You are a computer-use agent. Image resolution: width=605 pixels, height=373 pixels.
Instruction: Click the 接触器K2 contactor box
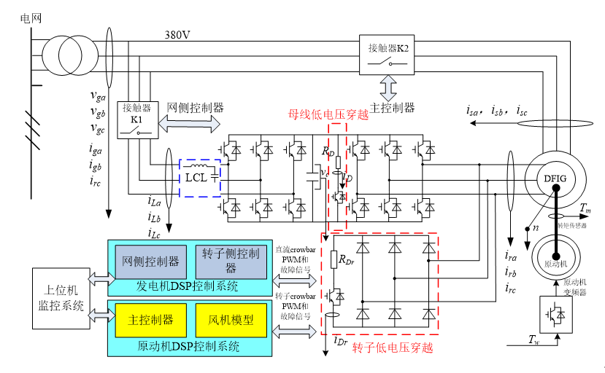[x=388, y=55]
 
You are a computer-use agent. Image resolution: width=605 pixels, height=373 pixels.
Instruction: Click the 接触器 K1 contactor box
[x=136, y=121]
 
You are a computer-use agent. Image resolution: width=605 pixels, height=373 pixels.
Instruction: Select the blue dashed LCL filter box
[x=201, y=178]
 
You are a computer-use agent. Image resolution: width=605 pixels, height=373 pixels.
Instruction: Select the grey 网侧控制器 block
[x=151, y=261]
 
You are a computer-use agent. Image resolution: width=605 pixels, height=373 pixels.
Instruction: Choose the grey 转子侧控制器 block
[x=230, y=261]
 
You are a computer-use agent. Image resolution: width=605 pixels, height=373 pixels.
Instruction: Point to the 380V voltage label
[x=177, y=35]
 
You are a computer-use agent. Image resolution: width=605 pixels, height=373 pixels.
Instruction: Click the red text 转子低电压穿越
[x=393, y=348]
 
